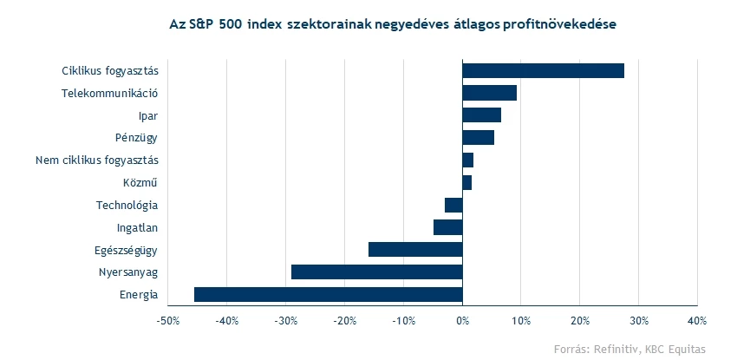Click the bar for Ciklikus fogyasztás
[x=543, y=70]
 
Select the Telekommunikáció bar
[x=489, y=93]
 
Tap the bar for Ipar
[x=481, y=115]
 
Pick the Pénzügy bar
[x=478, y=137]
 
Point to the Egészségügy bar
[x=415, y=250]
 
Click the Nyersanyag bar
[x=376, y=272]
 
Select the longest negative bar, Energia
[x=328, y=295]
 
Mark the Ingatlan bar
[x=447, y=227]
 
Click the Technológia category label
[x=127, y=206]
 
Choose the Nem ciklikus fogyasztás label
[x=97, y=160]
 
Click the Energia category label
[x=139, y=295]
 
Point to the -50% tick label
[x=167, y=321]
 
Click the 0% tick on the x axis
[x=462, y=321]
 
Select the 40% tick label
[x=697, y=321]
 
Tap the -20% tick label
[x=344, y=321]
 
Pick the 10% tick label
[x=520, y=321]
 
